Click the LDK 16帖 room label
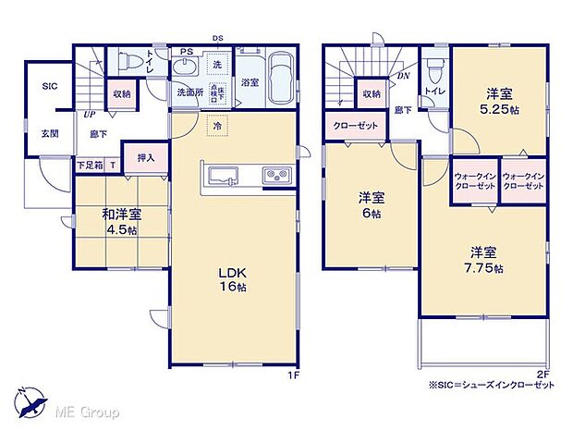(x=230, y=279)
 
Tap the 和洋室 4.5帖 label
(x=121, y=223)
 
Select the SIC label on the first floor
(x=49, y=86)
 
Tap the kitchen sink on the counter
(x=225, y=177)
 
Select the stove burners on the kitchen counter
(x=276, y=177)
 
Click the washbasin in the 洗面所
(x=186, y=68)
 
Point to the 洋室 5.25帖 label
(x=501, y=100)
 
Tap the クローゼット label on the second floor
(x=354, y=127)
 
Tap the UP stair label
(x=89, y=115)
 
